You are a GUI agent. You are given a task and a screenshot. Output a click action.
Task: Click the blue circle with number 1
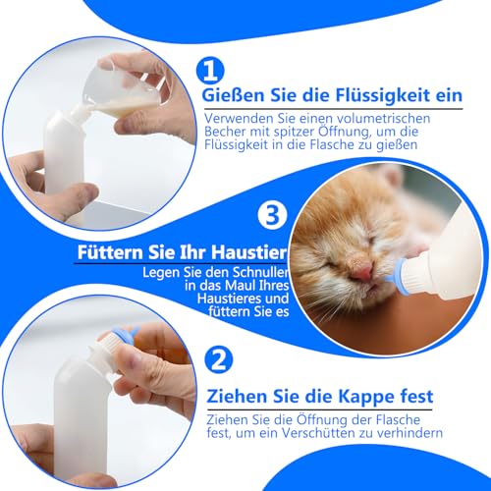212,70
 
